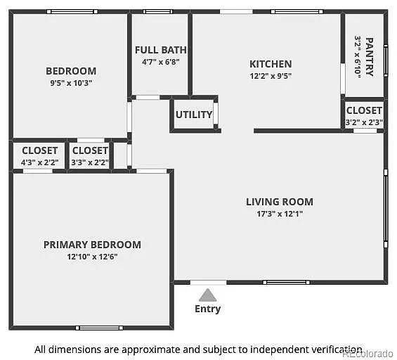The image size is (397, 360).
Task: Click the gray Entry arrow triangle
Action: (x=207, y=295)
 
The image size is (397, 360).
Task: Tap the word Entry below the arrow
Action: (x=207, y=309)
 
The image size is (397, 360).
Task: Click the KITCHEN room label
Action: (x=271, y=64)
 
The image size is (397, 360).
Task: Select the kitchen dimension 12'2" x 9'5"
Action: (x=271, y=76)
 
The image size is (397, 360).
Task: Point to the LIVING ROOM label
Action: (x=280, y=202)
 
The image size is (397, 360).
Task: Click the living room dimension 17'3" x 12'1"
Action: (x=280, y=214)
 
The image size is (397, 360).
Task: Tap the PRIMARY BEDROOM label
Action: (x=92, y=245)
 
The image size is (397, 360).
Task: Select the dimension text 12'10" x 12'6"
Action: (x=92, y=257)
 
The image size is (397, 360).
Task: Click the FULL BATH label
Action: (x=160, y=50)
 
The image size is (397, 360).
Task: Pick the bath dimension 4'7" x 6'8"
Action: (x=160, y=62)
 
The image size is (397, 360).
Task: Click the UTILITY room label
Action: (x=194, y=115)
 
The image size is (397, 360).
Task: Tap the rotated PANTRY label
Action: (x=369, y=57)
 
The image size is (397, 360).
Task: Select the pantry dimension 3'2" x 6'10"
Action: (x=357, y=57)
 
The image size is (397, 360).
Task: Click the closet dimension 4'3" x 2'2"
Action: (x=40, y=162)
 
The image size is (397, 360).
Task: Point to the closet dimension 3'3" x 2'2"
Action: (x=90, y=162)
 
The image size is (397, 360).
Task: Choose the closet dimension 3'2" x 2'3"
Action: (x=364, y=122)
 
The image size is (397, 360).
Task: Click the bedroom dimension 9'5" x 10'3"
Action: (x=71, y=83)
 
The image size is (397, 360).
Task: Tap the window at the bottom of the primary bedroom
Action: (x=99, y=328)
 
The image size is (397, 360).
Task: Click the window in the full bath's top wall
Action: (x=157, y=12)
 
